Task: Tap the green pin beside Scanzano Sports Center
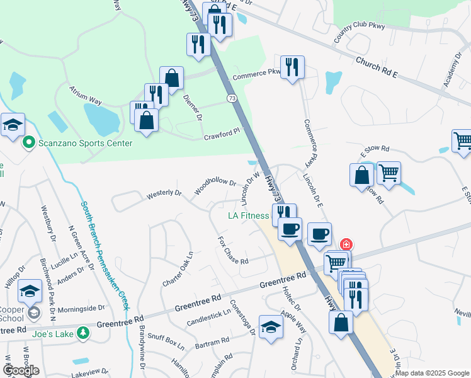28,143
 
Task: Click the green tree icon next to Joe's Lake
82,333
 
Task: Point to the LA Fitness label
248,215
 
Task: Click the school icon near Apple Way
271,327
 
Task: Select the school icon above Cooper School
30,291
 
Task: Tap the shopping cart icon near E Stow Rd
389,171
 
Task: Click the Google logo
21,370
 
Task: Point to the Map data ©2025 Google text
433,373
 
